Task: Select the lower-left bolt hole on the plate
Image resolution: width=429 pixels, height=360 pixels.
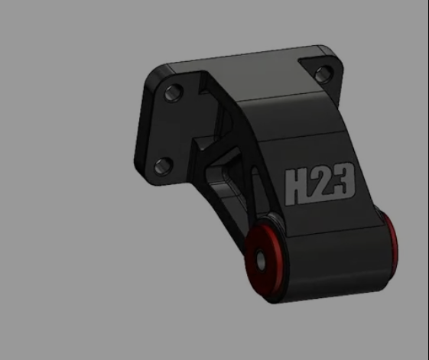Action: (161, 165)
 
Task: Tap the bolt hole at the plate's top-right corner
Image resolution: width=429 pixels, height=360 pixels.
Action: (323, 73)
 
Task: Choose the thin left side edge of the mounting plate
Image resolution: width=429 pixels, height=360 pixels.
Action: (140, 126)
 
